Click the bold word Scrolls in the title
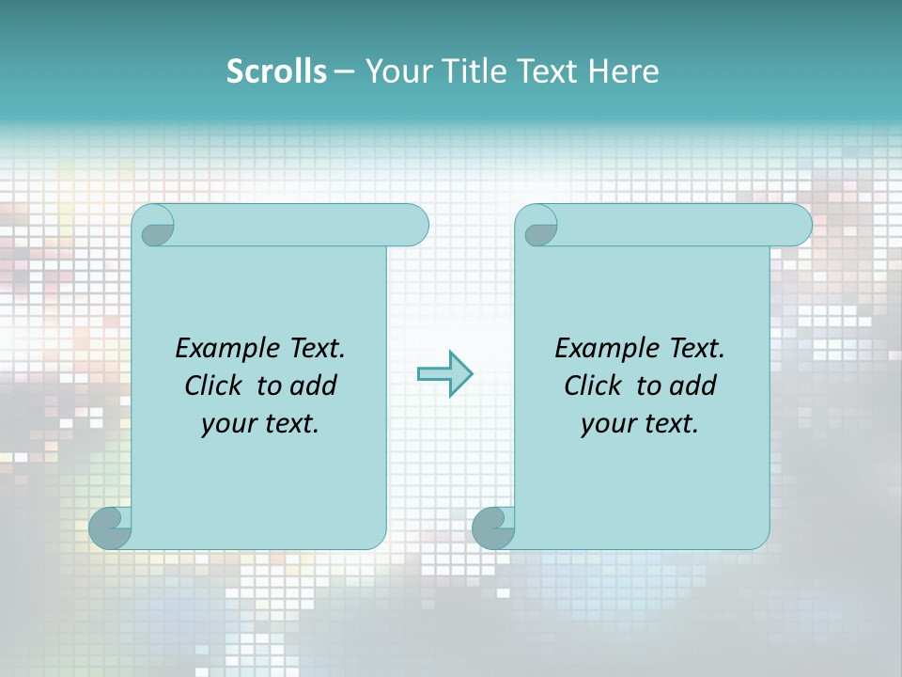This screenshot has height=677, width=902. click(x=276, y=71)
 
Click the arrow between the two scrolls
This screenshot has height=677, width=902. click(x=444, y=374)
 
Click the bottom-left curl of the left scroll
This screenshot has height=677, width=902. click(x=110, y=528)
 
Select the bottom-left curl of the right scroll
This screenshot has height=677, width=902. click(x=493, y=528)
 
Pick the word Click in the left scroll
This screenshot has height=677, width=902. click(x=215, y=386)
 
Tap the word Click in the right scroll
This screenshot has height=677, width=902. click(x=594, y=386)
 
